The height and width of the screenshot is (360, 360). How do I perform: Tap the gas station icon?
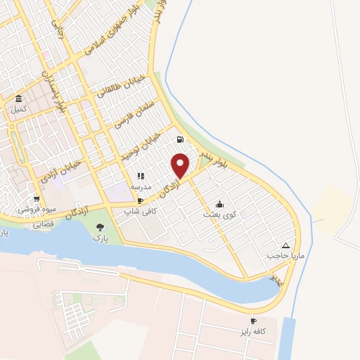pos(181,139)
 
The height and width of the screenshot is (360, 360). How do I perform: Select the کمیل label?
pos(18,109)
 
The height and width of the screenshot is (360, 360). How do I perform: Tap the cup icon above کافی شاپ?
pos(141,200)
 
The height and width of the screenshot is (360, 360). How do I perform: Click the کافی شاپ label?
pos(138,210)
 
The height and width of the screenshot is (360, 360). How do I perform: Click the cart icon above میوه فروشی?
pos(37,199)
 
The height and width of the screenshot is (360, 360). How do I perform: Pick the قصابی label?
pos(44,225)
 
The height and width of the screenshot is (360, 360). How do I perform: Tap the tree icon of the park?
pos(99,227)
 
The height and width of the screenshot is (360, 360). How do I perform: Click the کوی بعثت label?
pos(220,213)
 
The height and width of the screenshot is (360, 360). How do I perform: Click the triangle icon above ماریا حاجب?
pos(285,245)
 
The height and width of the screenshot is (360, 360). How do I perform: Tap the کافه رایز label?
pos(253,330)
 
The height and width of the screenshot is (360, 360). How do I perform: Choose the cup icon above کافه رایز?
pos(252,320)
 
